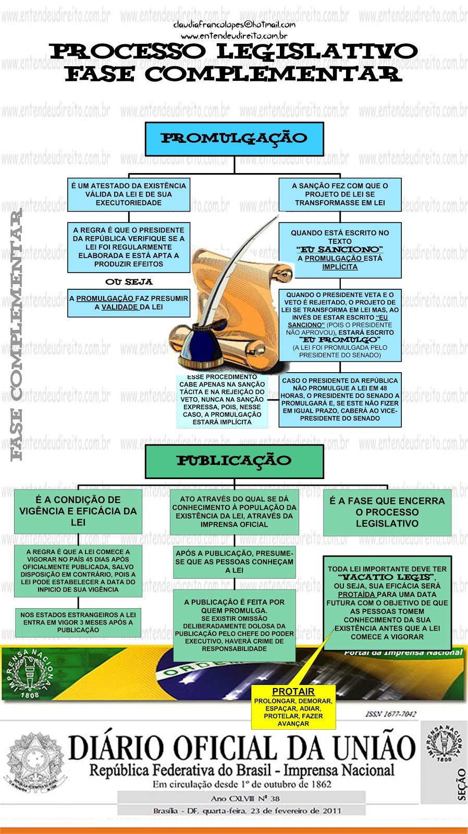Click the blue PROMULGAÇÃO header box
coord(234,139)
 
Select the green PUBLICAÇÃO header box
coord(234,461)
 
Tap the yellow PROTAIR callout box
coord(293,707)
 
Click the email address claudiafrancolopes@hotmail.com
coord(234,24)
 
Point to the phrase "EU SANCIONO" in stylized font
coord(340,250)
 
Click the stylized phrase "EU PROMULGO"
coord(340,340)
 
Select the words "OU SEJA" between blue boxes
coord(129,282)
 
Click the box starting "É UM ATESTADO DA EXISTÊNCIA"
coord(129,194)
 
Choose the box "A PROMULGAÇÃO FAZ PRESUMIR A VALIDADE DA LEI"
coord(129,303)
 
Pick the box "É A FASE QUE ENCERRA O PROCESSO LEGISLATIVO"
coord(387,512)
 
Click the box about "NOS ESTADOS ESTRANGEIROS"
coord(78,622)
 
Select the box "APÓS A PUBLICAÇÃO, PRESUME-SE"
coord(234,562)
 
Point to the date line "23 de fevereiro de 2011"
coord(281,811)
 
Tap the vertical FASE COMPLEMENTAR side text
coord(17,334)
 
